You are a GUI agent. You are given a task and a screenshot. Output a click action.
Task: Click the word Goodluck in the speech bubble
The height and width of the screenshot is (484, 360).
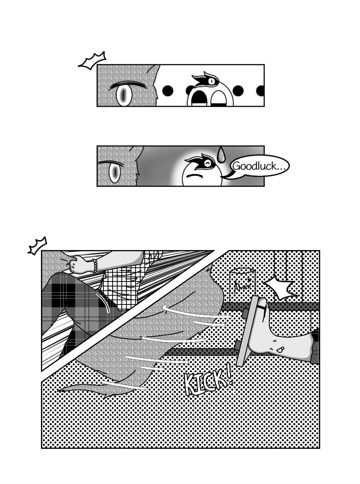point(255,166)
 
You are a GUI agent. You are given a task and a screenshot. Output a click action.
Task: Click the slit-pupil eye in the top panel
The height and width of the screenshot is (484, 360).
point(124,94)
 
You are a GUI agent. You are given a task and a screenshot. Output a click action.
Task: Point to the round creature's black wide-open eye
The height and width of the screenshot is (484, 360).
point(197,98)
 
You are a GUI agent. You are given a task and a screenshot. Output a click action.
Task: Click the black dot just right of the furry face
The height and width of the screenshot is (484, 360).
point(168,90)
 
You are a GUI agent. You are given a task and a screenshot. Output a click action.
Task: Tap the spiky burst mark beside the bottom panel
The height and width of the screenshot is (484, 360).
point(38,246)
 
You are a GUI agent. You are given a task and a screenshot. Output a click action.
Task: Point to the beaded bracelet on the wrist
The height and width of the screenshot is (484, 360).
point(95,266)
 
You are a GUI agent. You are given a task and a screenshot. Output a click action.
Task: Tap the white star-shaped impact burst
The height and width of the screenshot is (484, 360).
point(280,287)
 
